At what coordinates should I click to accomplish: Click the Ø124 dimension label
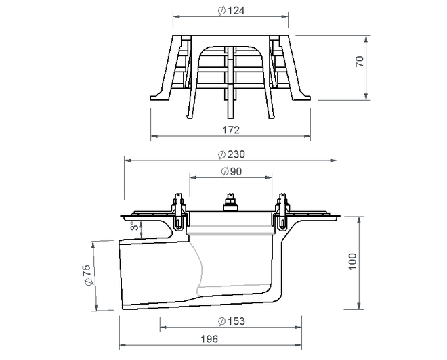pos(231,11)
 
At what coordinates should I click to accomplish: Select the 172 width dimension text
pos(231,130)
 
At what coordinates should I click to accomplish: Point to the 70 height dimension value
pos(360,62)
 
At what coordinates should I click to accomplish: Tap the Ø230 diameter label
pos(231,154)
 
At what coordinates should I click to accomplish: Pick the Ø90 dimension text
pos(231,171)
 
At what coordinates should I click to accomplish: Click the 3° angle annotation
pos(135,226)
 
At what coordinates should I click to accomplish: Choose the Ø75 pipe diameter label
pos(87,275)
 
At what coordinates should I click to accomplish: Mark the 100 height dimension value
pos(353,261)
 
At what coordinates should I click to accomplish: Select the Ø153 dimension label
pos(231,321)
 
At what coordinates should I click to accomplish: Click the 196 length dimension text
pos(209,339)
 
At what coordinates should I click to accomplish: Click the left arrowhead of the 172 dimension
pos(154,136)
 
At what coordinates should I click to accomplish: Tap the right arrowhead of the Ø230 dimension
pos(333,160)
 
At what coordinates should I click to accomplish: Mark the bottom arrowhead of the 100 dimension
pos(360,306)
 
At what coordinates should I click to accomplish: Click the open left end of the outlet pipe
pos(121,275)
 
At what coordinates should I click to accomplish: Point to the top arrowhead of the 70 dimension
pos(366,39)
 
